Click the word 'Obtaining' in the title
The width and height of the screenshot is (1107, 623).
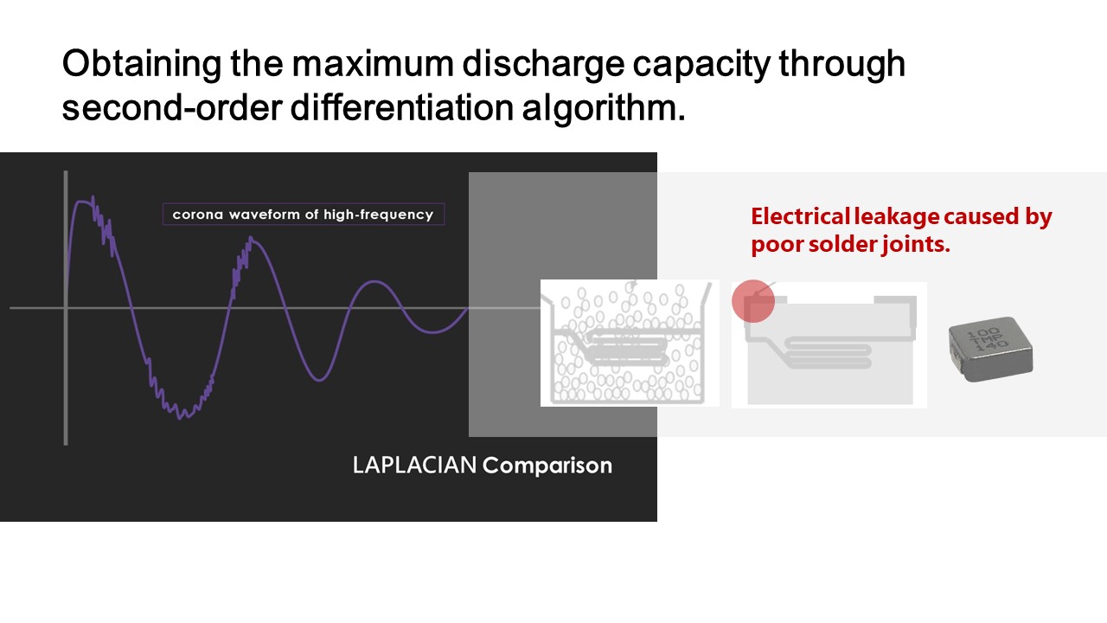pyautogui.click(x=141, y=64)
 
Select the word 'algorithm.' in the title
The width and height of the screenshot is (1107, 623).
pyautogui.click(x=604, y=108)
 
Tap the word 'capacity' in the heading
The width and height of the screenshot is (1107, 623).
pyautogui.click(x=701, y=64)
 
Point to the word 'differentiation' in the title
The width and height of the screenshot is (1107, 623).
pyautogui.click(x=402, y=107)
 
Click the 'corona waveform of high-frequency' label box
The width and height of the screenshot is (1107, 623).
pyautogui.click(x=304, y=215)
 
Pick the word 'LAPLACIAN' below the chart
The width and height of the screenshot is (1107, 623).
pyautogui.click(x=414, y=466)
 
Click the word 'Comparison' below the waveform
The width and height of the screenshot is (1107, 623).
pyautogui.click(x=547, y=466)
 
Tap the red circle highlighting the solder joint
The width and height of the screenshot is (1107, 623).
pyautogui.click(x=753, y=301)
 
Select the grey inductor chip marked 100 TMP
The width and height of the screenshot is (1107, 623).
pyautogui.click(x=990, y=349)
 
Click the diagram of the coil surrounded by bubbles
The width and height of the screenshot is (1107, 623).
pyautogui.click(x=630, y=344)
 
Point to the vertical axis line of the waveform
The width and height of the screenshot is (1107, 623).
pyautogui.click(x=66, y=308)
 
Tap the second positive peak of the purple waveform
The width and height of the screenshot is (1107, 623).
pyautogui.click(x=252, y=240)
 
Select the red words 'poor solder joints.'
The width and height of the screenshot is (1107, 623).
pyautogui.click(x=850, y=244)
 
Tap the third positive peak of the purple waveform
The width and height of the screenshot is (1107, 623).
pyautogui.click(x=374, y=282)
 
